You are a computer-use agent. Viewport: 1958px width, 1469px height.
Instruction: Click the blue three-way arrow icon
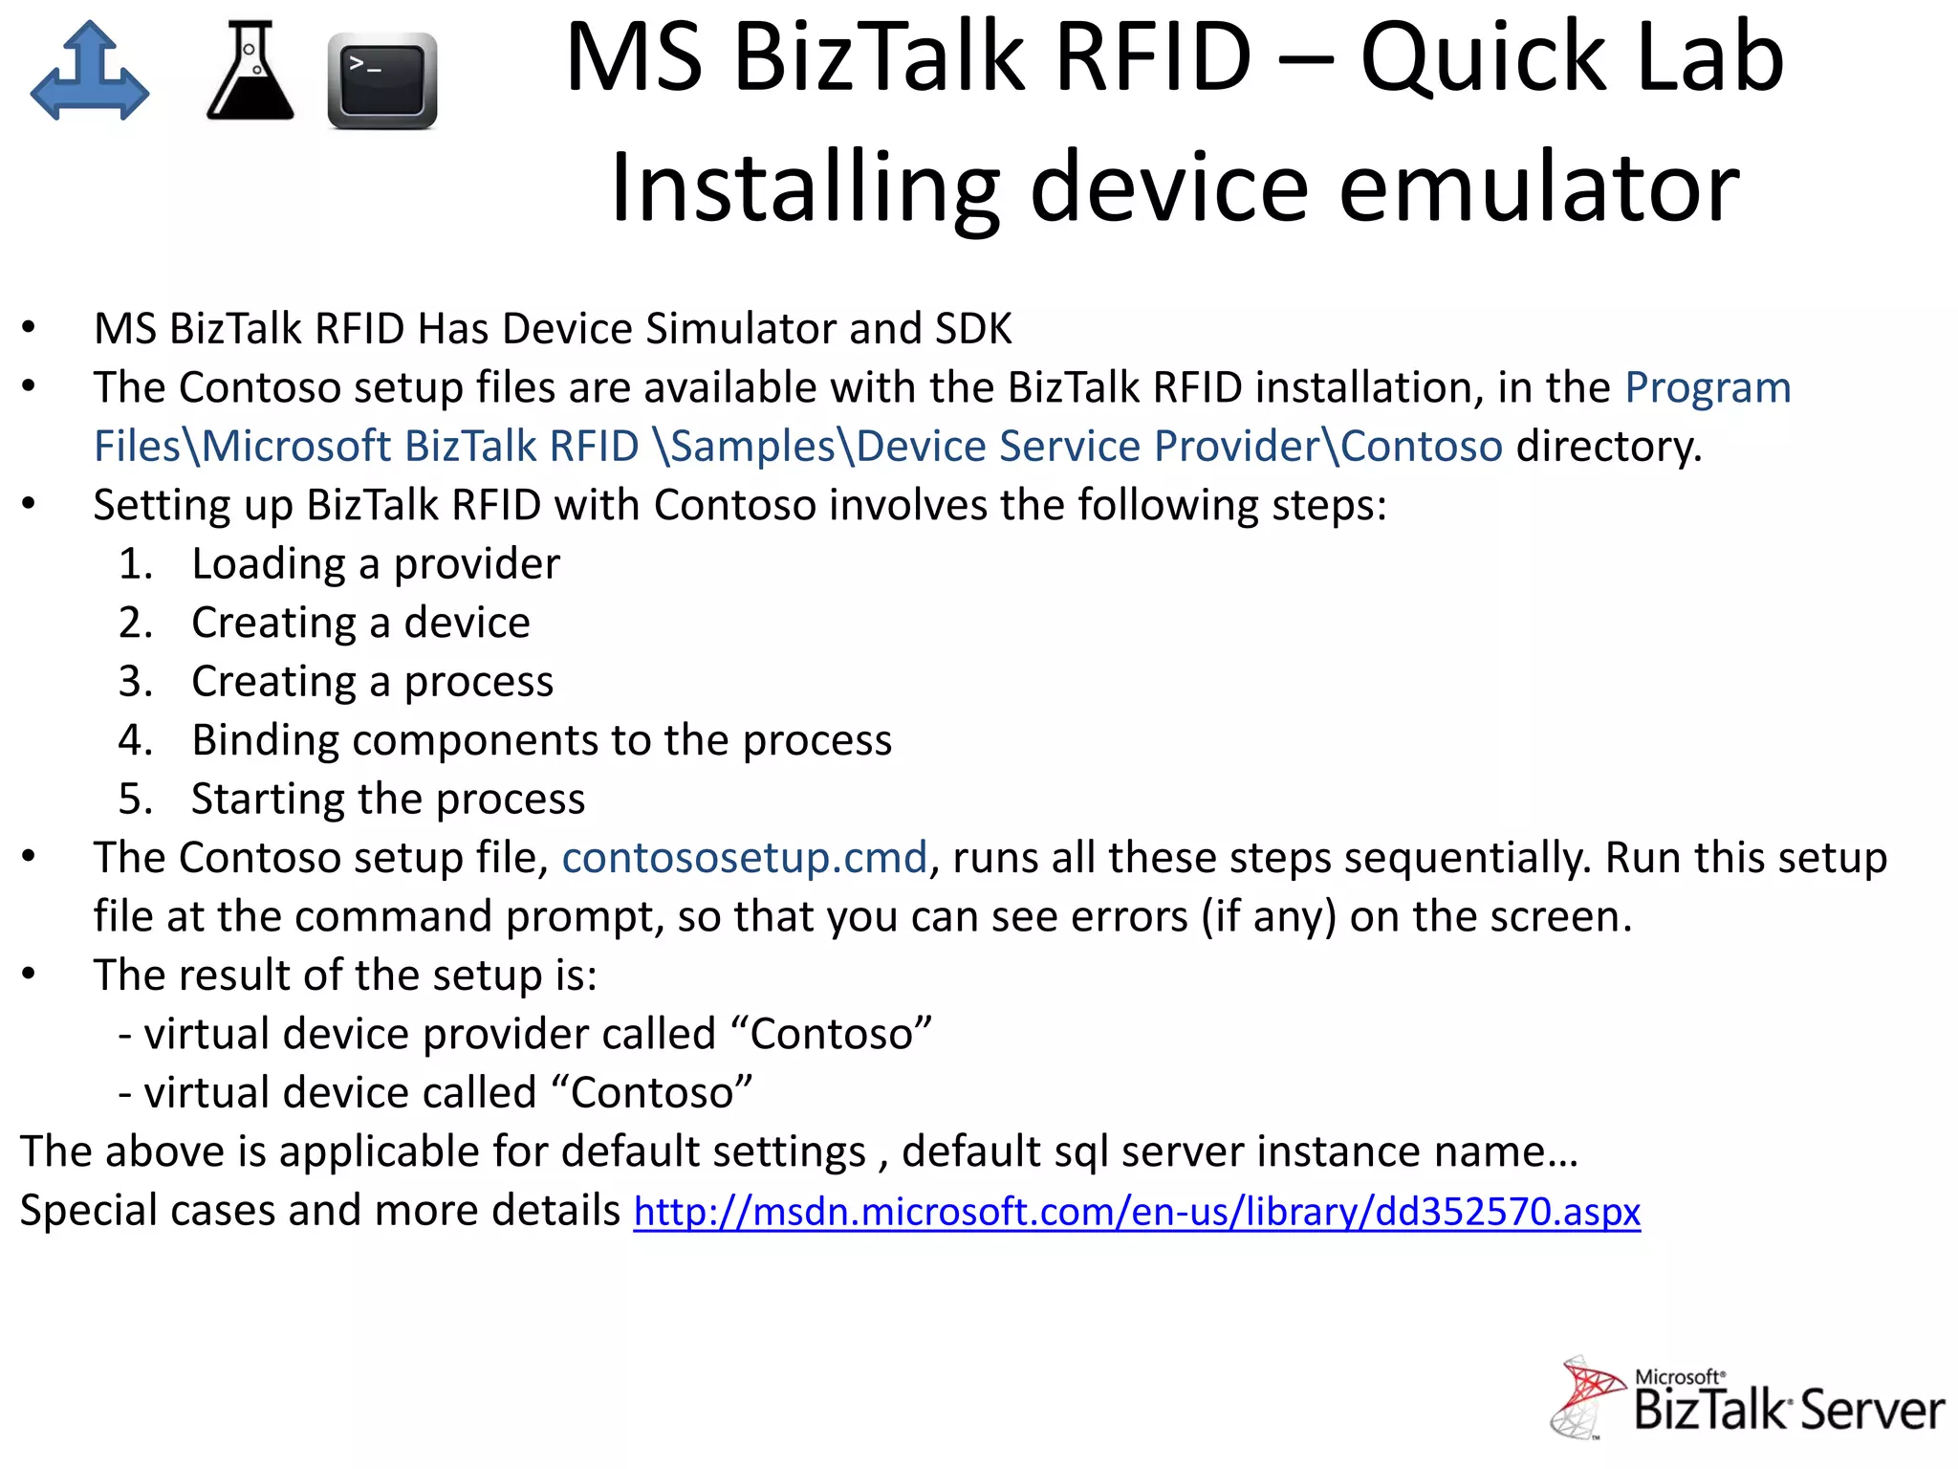coord(90,72)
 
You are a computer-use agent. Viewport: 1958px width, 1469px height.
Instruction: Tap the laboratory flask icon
coord(250,72)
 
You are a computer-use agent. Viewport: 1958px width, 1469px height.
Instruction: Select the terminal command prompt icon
coord(381,80)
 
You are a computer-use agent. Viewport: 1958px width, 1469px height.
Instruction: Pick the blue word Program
coord(1708,388)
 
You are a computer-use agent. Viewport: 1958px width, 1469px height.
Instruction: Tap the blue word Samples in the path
coord(753,447)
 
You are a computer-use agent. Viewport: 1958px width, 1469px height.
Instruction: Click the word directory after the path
coord(1608,447)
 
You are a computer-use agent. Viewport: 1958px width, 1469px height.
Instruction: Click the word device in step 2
coord(467,624)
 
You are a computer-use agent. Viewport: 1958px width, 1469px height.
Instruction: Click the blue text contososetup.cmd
coord(744,858)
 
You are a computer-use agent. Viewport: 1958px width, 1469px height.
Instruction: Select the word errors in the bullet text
coord(1128,917)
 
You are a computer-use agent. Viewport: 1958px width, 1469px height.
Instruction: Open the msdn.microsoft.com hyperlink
coord(1137,1212)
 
